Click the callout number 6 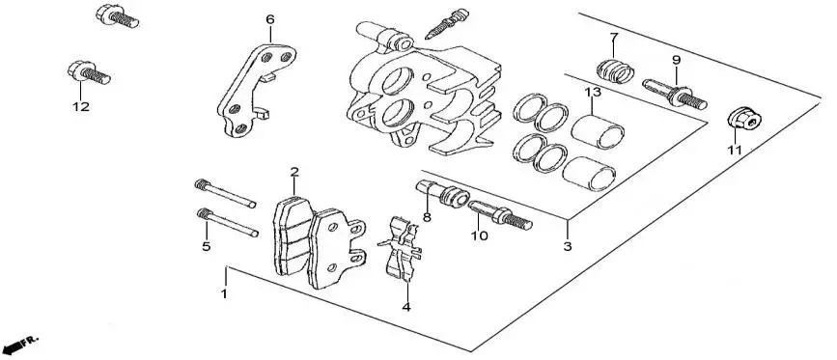(x=270, y=19)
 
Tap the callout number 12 (x=81, y=107)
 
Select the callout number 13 (x=593, y=93)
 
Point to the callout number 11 (x=735, y=151)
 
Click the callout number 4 (x=406, y=307)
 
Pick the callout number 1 (x=225, y=293)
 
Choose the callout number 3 (x=568, y=246)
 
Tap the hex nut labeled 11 (x=744, y=120)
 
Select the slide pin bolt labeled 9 (x=675, y=94)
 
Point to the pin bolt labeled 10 (x=501, y=214)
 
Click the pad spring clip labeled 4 (x=401, y=248)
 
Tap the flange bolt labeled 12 (x=89, y=73)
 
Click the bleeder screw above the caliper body (x=446, y=24)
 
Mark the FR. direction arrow (x=20, y=345)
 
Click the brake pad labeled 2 (x=292, y=235)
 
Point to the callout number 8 (x=427, y=217)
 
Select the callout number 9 (x=677, y=60)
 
